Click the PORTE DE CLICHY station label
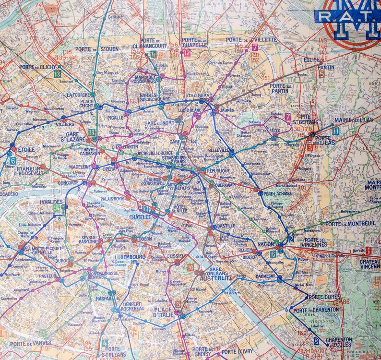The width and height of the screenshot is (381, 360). pos(37,67)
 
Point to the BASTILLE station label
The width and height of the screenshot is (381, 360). pos(226,226)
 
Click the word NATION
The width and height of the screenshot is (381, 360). pos(265,244)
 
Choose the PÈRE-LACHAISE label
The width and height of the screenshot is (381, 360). pos(278,193)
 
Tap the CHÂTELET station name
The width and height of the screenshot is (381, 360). pos(140,217)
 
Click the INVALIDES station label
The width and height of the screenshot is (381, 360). pos(51,202)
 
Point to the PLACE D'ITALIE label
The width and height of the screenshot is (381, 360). pos(163,312)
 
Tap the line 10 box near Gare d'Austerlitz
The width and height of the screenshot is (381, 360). pos(190,267)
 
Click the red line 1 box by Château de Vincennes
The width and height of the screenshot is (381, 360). pos(368,251)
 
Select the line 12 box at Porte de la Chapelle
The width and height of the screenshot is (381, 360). pos(187,53)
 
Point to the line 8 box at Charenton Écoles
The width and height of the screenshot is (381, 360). pos(316,340)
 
